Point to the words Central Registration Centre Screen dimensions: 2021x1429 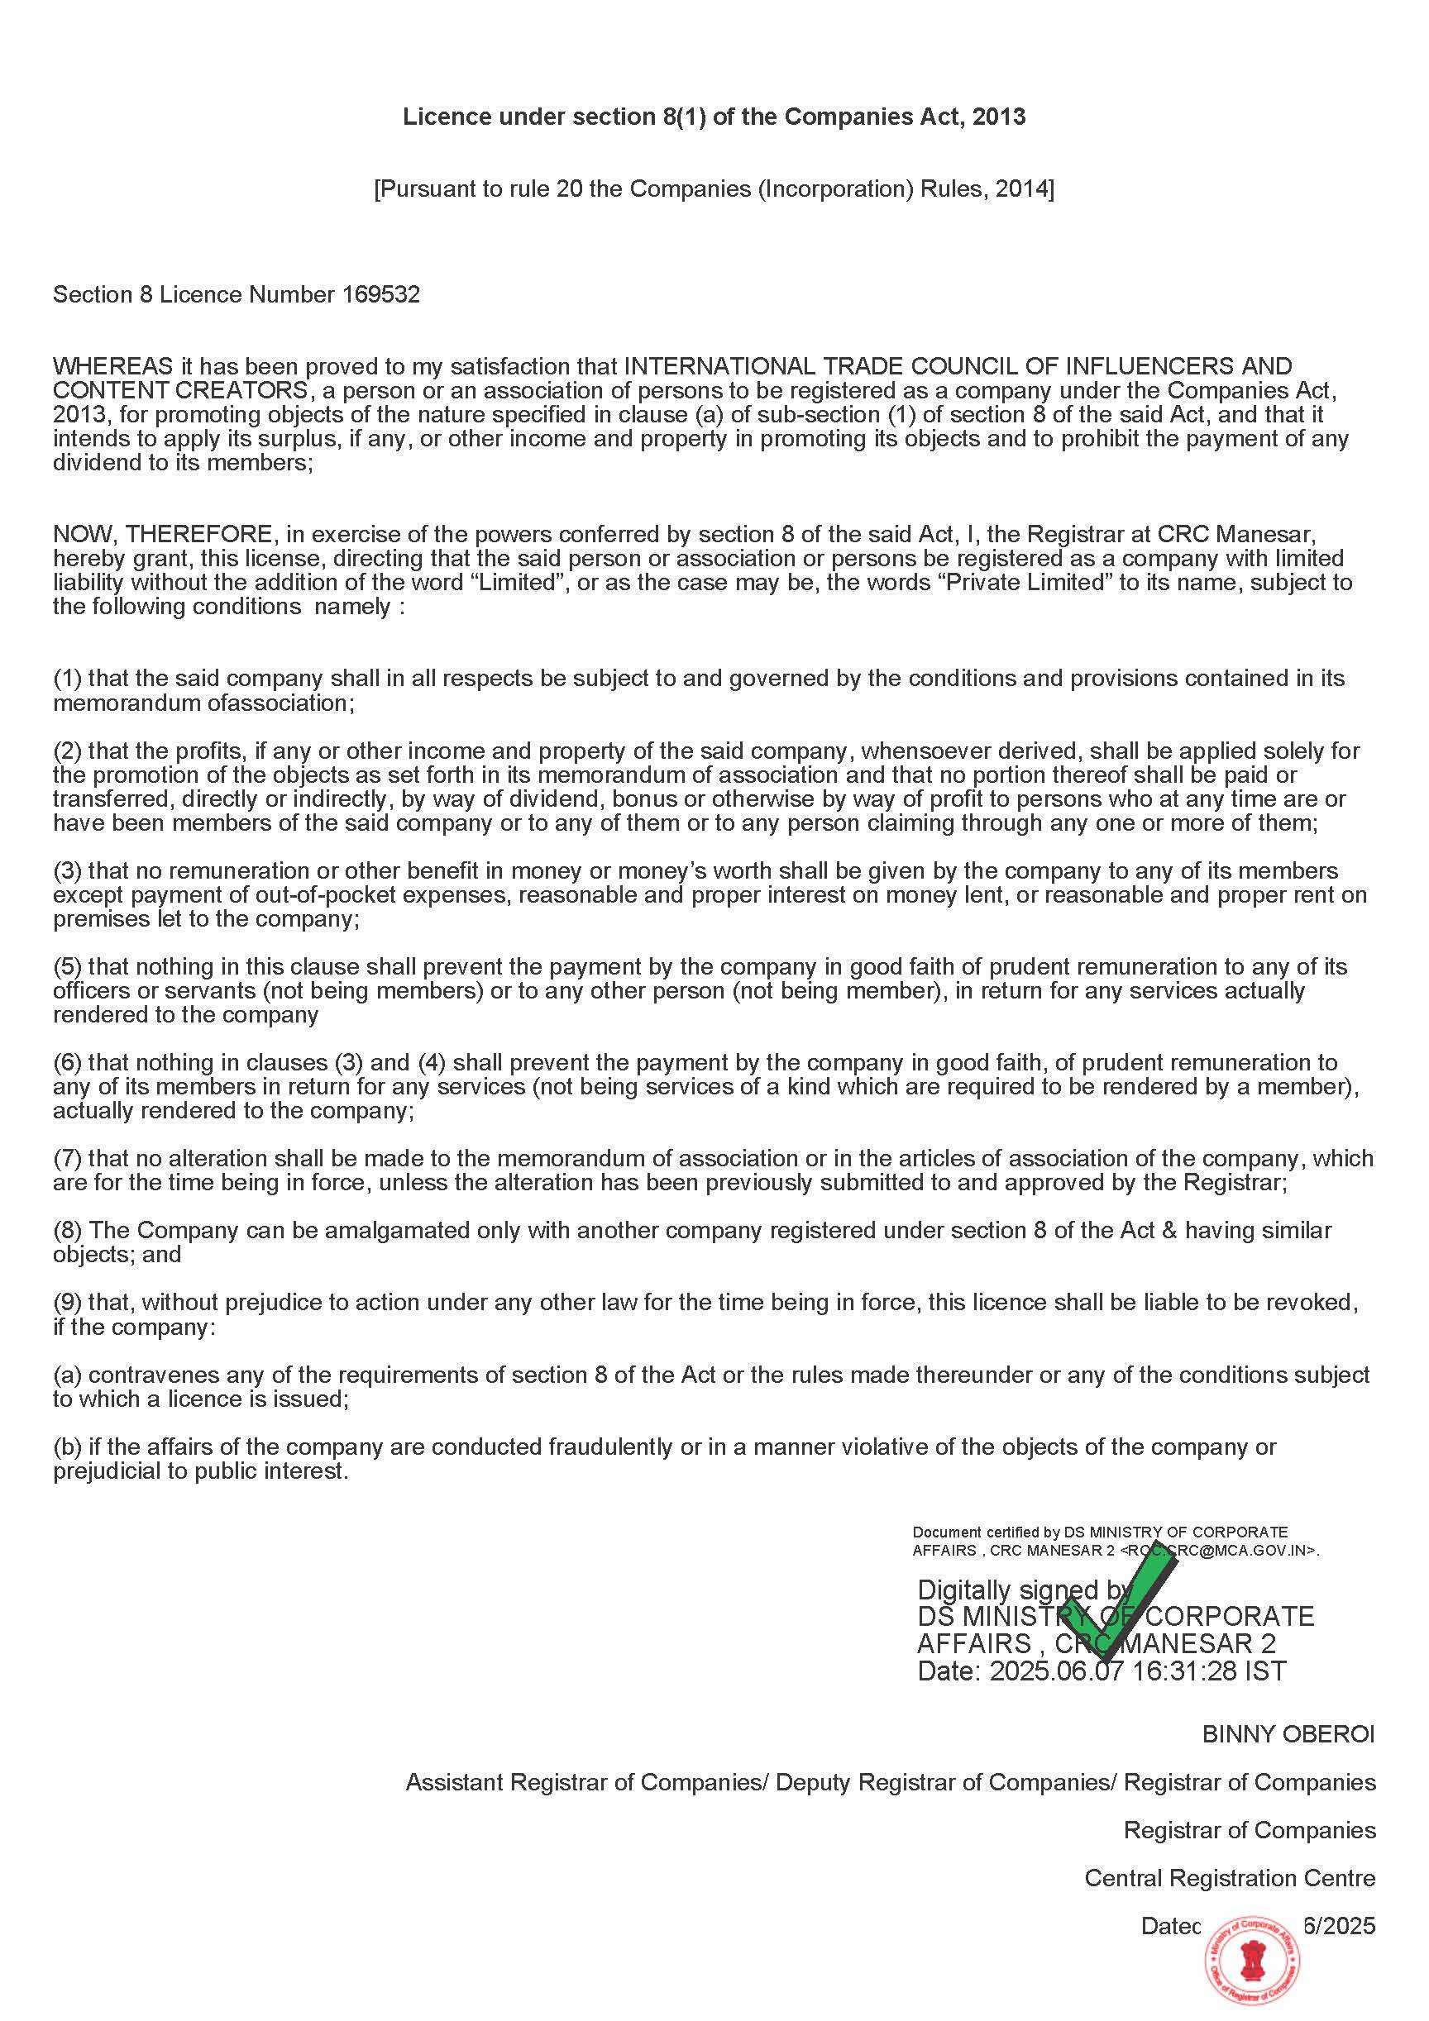(x=1229, y=1878)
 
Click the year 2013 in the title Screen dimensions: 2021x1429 (x=999, y=117)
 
